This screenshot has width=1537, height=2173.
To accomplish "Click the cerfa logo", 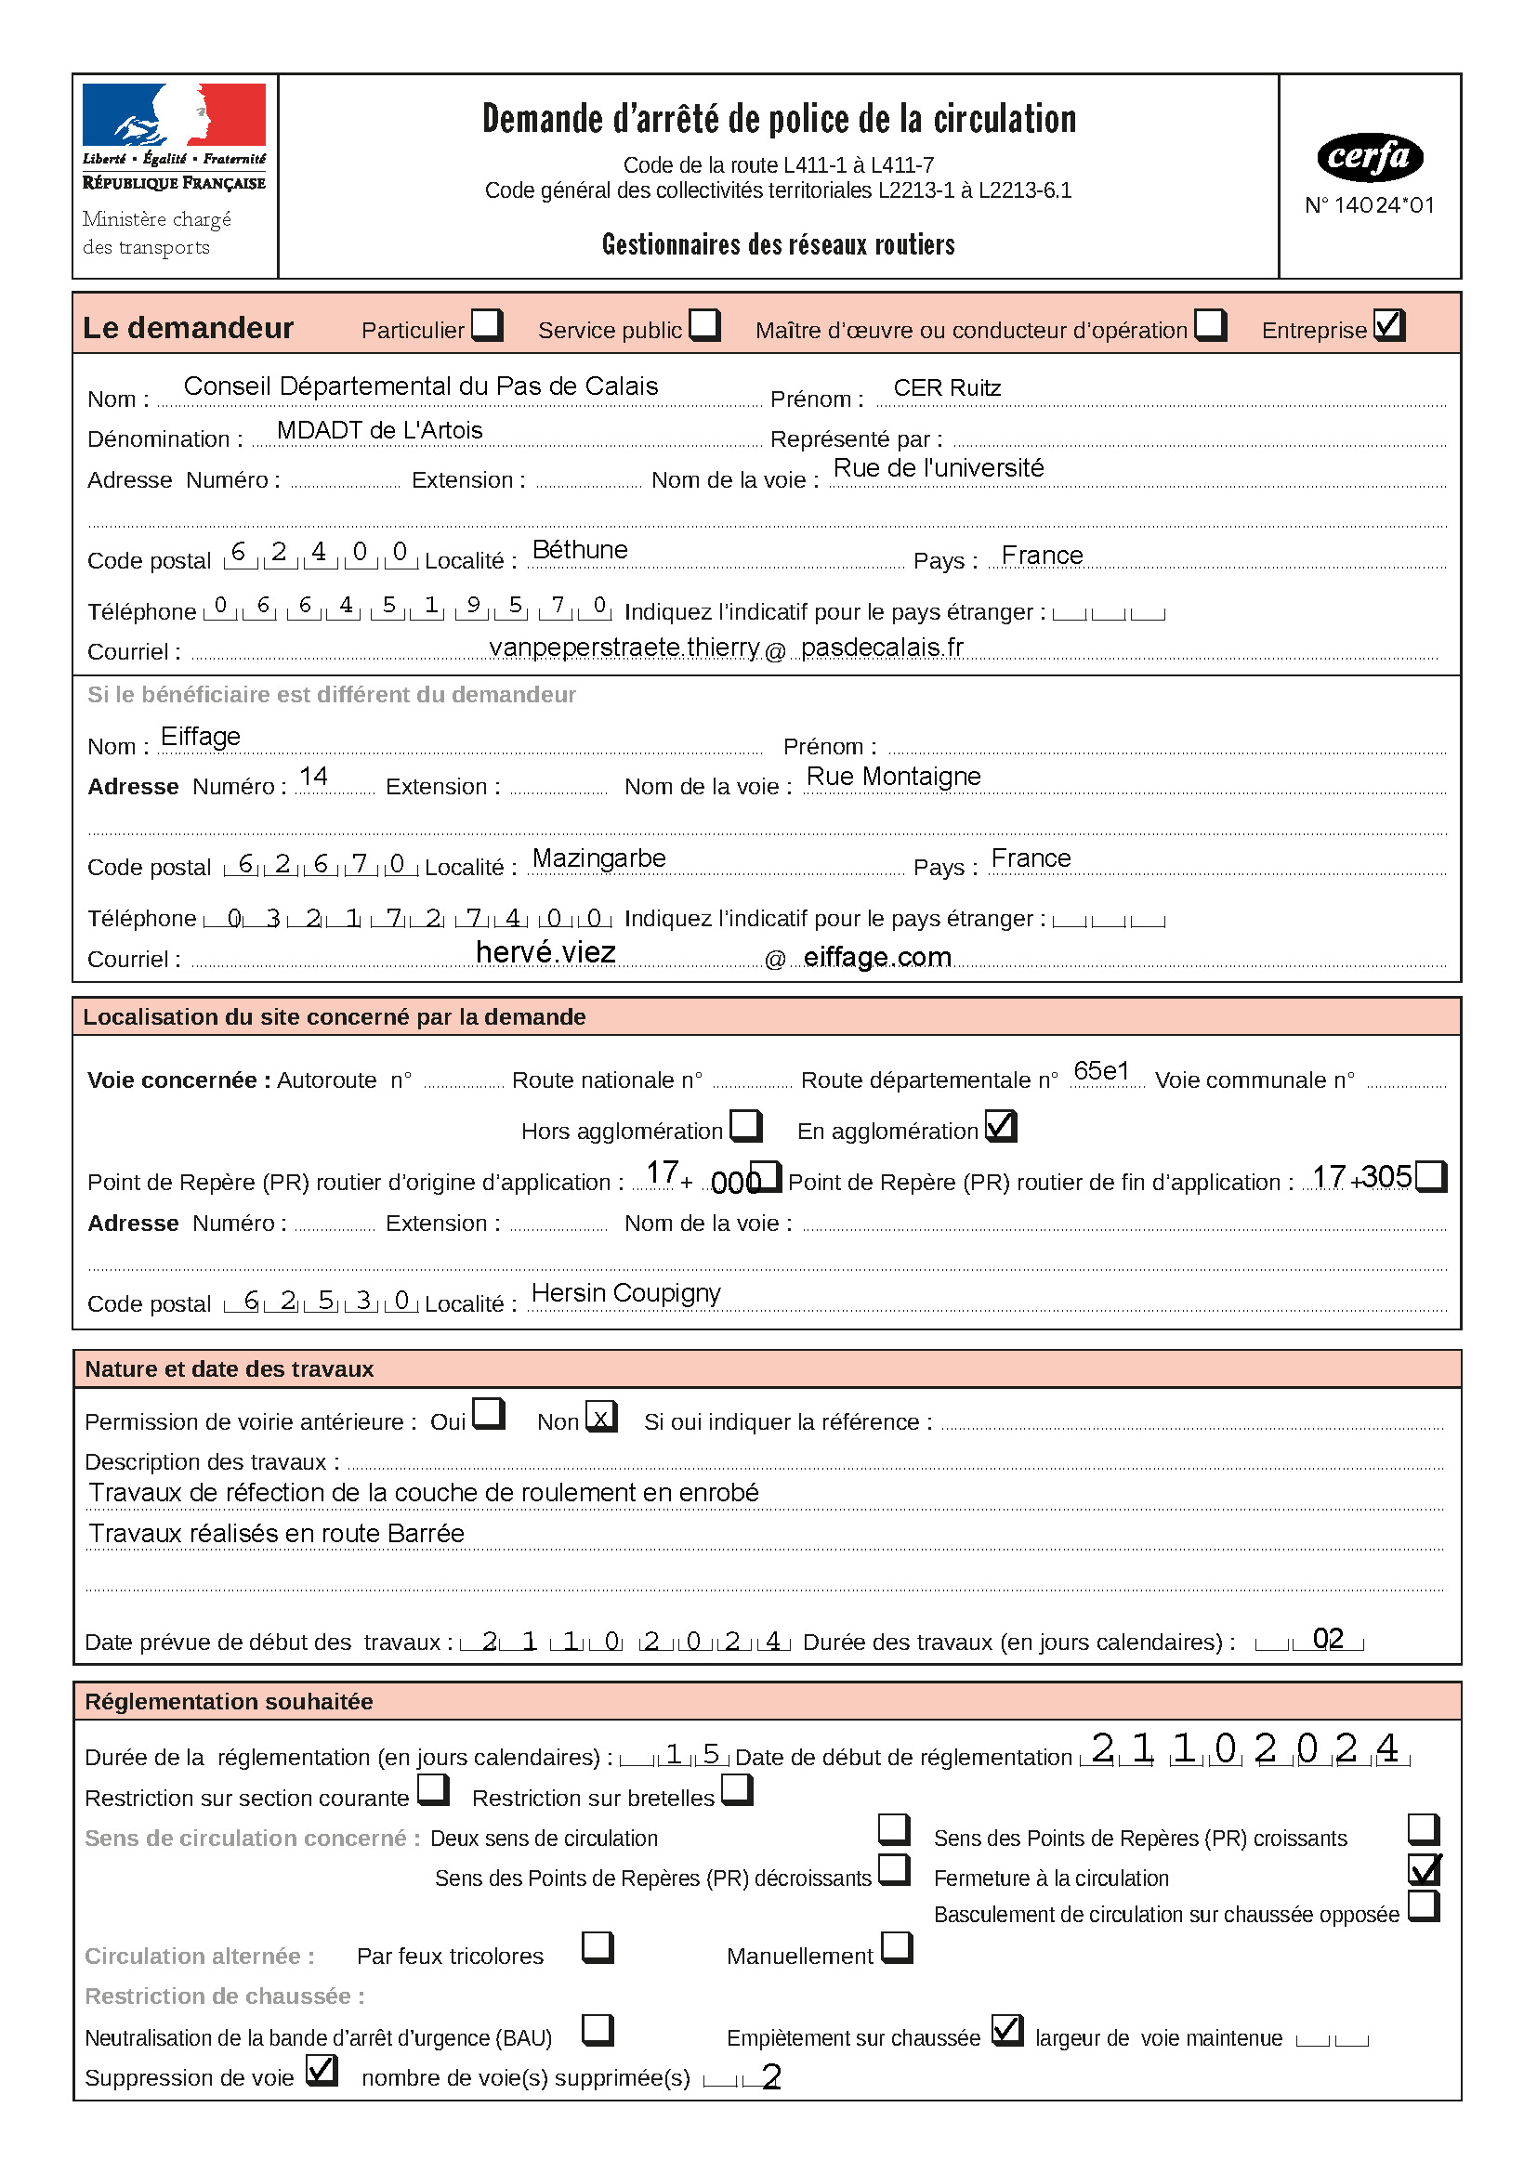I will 1370,157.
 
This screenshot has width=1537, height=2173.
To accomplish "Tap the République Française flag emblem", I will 174,114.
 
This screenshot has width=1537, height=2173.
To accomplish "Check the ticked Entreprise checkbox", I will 1389,324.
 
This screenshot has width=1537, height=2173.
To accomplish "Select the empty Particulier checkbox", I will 486,324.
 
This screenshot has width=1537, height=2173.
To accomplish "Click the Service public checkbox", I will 704,324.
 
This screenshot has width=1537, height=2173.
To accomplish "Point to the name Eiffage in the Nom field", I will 201,737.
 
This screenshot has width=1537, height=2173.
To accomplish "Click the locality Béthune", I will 580,550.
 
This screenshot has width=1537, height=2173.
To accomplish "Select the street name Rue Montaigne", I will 893,776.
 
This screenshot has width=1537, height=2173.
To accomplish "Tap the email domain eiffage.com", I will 877,957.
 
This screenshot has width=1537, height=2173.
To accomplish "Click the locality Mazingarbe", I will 599,858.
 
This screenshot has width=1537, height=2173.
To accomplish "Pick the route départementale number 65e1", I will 1102,1070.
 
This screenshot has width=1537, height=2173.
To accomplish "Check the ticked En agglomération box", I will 1001,1126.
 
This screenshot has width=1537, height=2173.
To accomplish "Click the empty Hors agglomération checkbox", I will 746,1126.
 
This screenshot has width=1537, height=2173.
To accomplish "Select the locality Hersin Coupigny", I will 625,1293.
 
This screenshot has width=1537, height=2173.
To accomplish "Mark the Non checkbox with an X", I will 601,1417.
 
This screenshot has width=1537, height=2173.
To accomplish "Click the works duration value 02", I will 1328,1639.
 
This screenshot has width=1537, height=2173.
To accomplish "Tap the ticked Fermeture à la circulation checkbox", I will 1425,1870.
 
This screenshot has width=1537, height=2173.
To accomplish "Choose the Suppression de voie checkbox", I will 322,2071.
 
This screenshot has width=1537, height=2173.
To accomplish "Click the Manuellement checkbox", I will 896,1948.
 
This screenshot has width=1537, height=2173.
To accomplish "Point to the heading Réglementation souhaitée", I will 229,1702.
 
